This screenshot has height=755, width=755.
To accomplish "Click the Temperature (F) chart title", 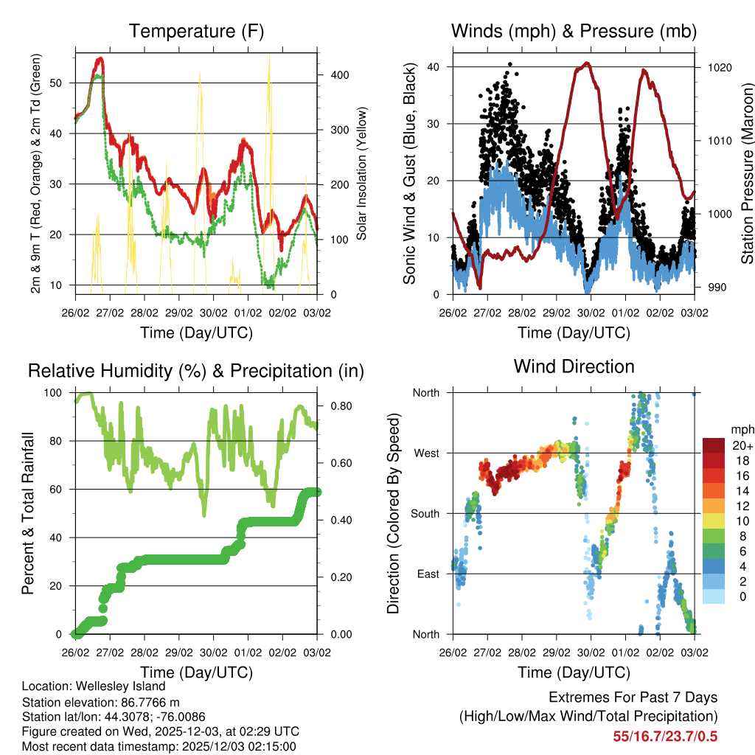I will tap(195, 31).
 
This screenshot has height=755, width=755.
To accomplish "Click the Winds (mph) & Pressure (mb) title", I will tap(574, 31).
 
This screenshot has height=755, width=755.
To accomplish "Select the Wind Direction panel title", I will tap(574, 366).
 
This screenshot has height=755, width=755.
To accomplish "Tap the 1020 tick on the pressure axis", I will tap(718, 67).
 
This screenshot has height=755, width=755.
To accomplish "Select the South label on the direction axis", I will tap(425, 513).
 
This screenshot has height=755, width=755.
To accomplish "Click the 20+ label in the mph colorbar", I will tap(742, 445).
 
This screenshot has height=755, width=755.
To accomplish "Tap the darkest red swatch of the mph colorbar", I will tap(715, 445).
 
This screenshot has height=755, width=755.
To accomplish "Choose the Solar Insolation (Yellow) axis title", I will tap(361, 174).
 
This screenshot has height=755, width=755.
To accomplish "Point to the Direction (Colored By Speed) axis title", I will tap(393, 513).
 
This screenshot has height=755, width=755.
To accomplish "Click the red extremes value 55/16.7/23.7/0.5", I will tap(665, 737).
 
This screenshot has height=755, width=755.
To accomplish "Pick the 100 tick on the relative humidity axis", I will tap(60, 393).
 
